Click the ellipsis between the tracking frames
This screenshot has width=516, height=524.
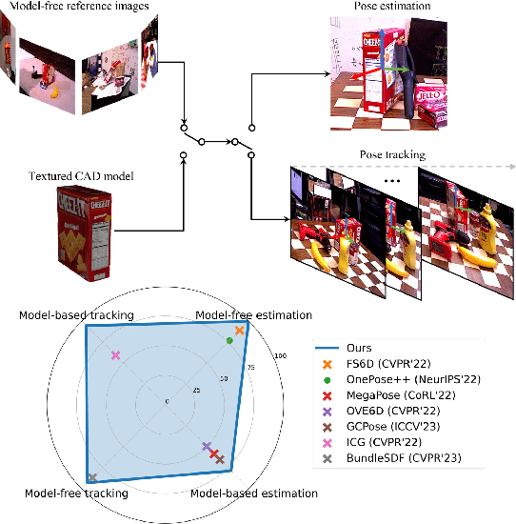click(x=393, y=182)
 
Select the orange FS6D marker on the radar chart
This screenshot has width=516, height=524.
click(x=240, y=331)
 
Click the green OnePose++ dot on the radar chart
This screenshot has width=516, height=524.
click(x=229, y=340)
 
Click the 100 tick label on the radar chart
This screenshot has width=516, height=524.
click(x=279, y=356)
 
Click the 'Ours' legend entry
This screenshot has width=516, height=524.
click(x=361, y=348)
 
